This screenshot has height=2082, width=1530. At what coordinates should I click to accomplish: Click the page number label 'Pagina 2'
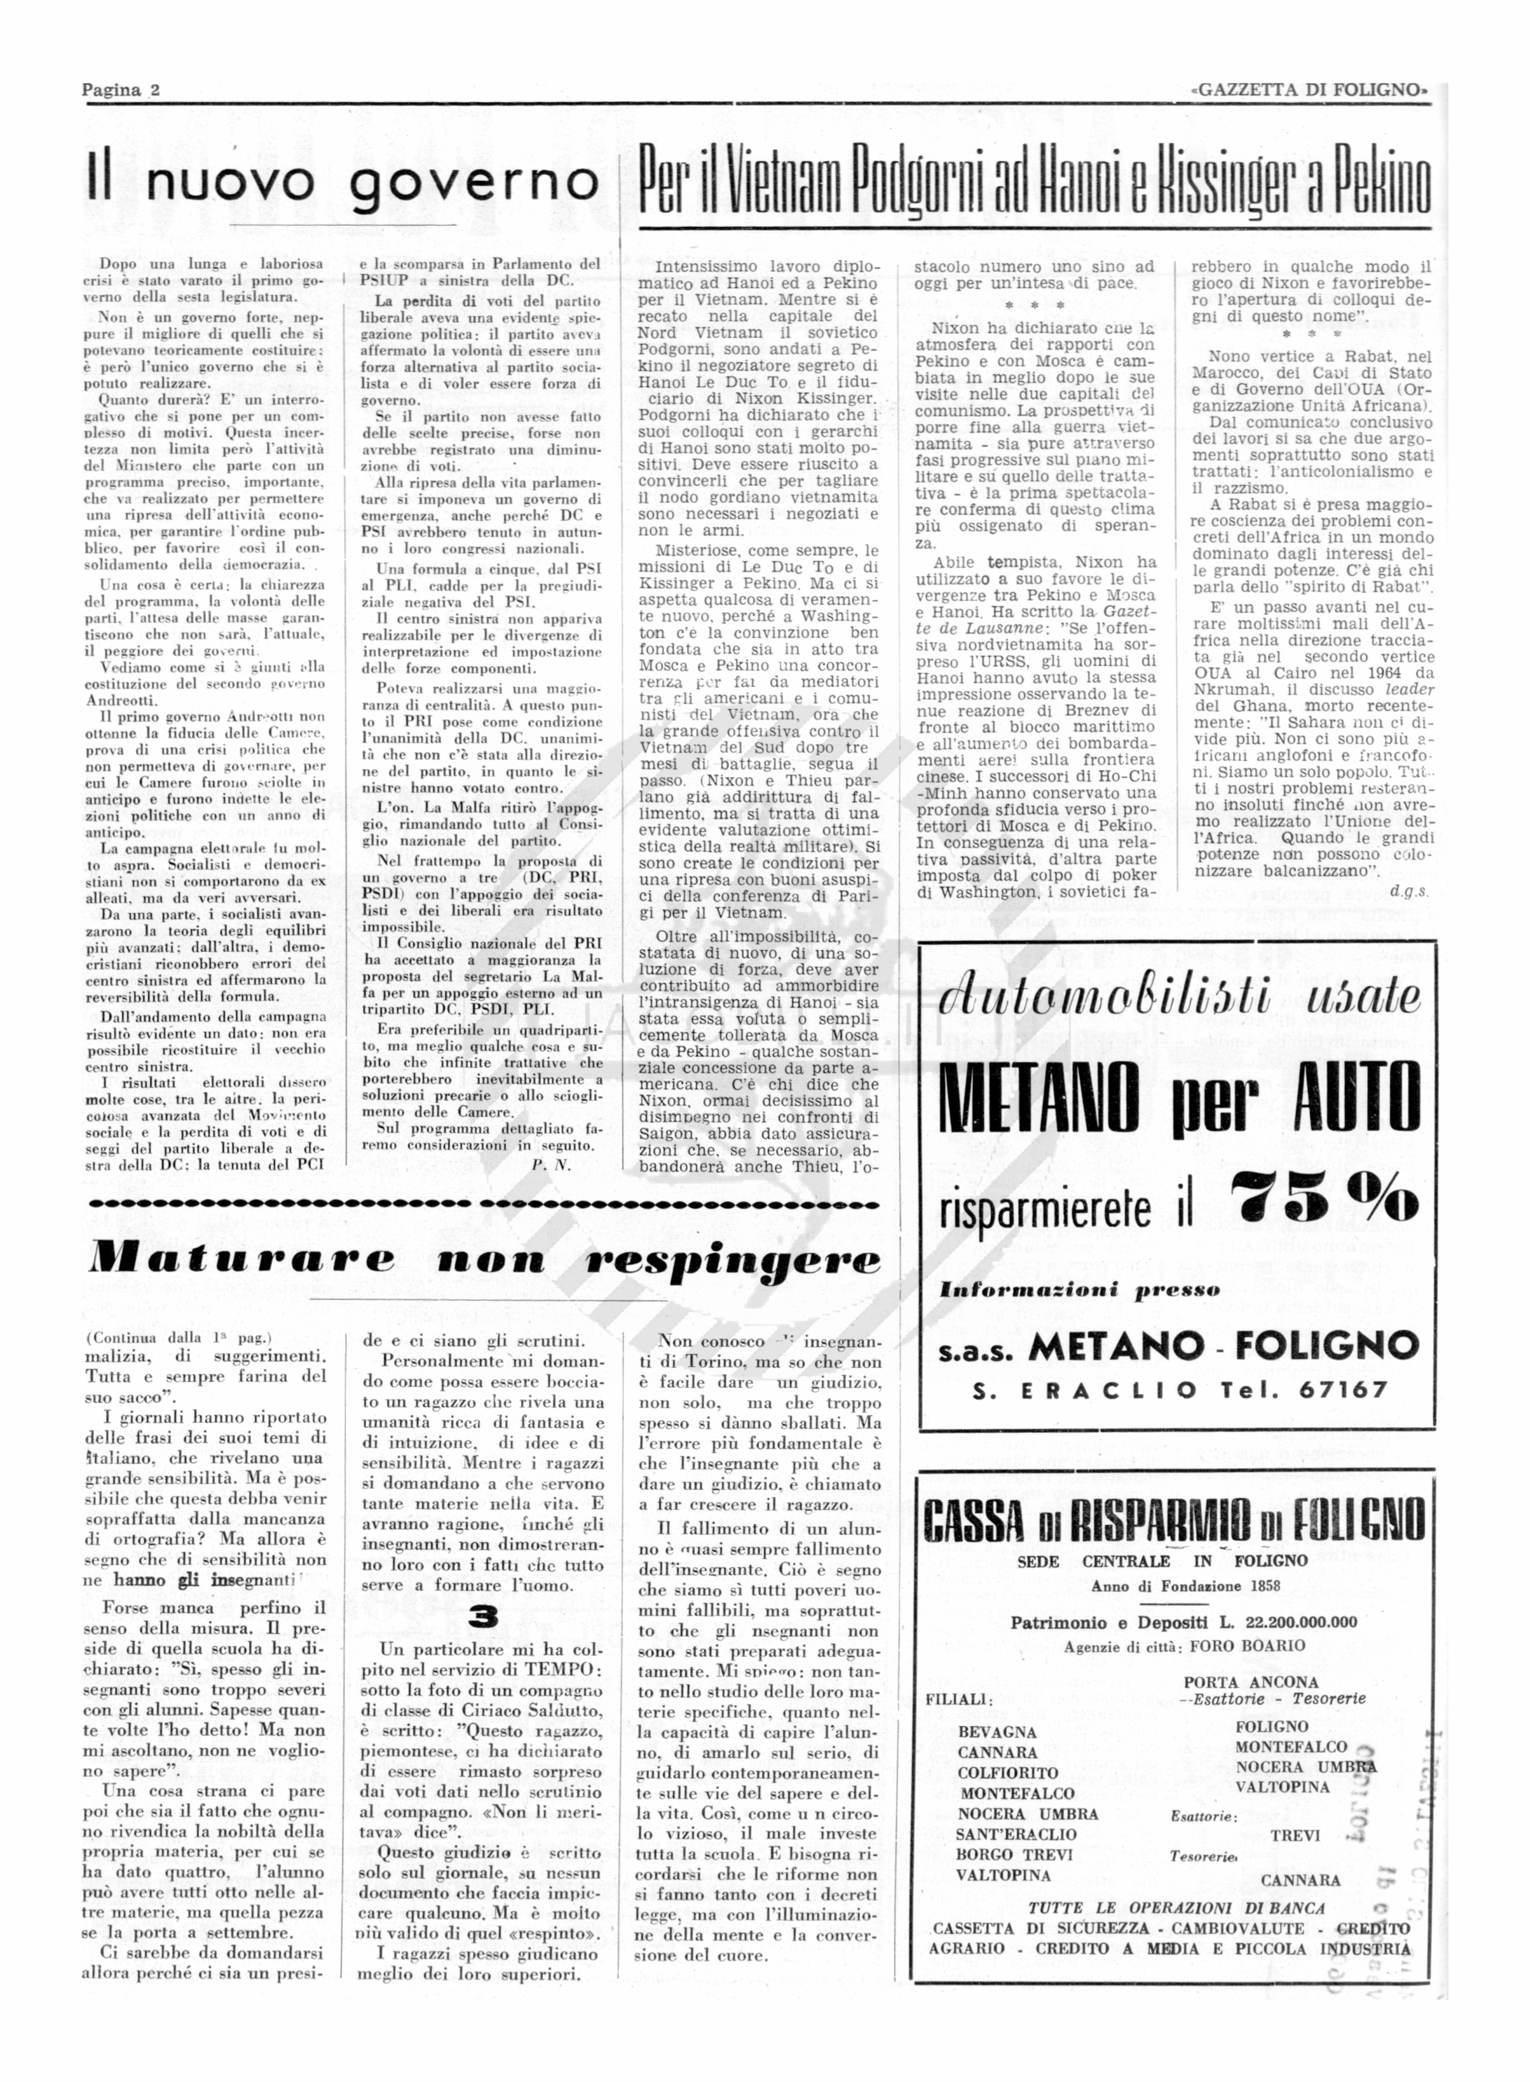(x=121, y=90)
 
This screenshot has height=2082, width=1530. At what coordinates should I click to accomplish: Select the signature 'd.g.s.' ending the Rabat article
(x=1409, y=892)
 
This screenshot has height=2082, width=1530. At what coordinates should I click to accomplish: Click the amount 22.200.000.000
(x=1286, y=1622)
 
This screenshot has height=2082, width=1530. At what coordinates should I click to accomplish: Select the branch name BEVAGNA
(x=998, y=1732)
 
